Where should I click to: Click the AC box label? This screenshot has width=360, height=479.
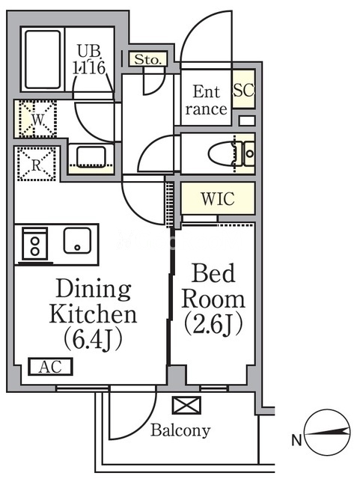pyautogui.click(x=50, y=366)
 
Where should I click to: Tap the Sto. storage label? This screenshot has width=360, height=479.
pyautogui.click(x=148, y=59)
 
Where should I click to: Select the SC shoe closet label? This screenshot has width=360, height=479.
pyautogui.click(x=243, y=89)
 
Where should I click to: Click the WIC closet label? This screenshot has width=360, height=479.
pyautogui.click(x=218, y=198)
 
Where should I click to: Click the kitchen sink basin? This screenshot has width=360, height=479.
pyautogui.click(x=77, y=240)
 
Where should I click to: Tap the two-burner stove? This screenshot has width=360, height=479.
pyautogui.click(x=35, y=245)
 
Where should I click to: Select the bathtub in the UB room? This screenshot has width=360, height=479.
pyautogui.click(x=43, y=60)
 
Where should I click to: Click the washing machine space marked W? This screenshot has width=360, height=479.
pyautogui.click(x=36, y=119)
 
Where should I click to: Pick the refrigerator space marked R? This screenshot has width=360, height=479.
pyautogui.click(x=37, y=165)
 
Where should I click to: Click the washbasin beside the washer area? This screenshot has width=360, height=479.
pyautogui.click(x=91, y=156)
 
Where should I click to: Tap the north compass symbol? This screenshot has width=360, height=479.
pyautogui.click(x=328, y=432)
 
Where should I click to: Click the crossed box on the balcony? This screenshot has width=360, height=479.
pyautogui.click(x=186, y=405)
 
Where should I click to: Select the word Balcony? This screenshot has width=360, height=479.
pyautogui.click(x=180, y=430)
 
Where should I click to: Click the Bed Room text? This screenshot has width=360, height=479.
pyautogui.click(x=213, y=286)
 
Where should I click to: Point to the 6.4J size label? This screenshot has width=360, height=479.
pyautogui.click(x=93, y=339)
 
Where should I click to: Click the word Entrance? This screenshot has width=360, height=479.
pyautogui.click(x=206, y=100)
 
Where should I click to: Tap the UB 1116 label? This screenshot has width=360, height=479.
pyautogui.click(x=89, y=60)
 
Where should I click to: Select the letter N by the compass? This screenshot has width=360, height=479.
pyautogui.click(x=296, y=441)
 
